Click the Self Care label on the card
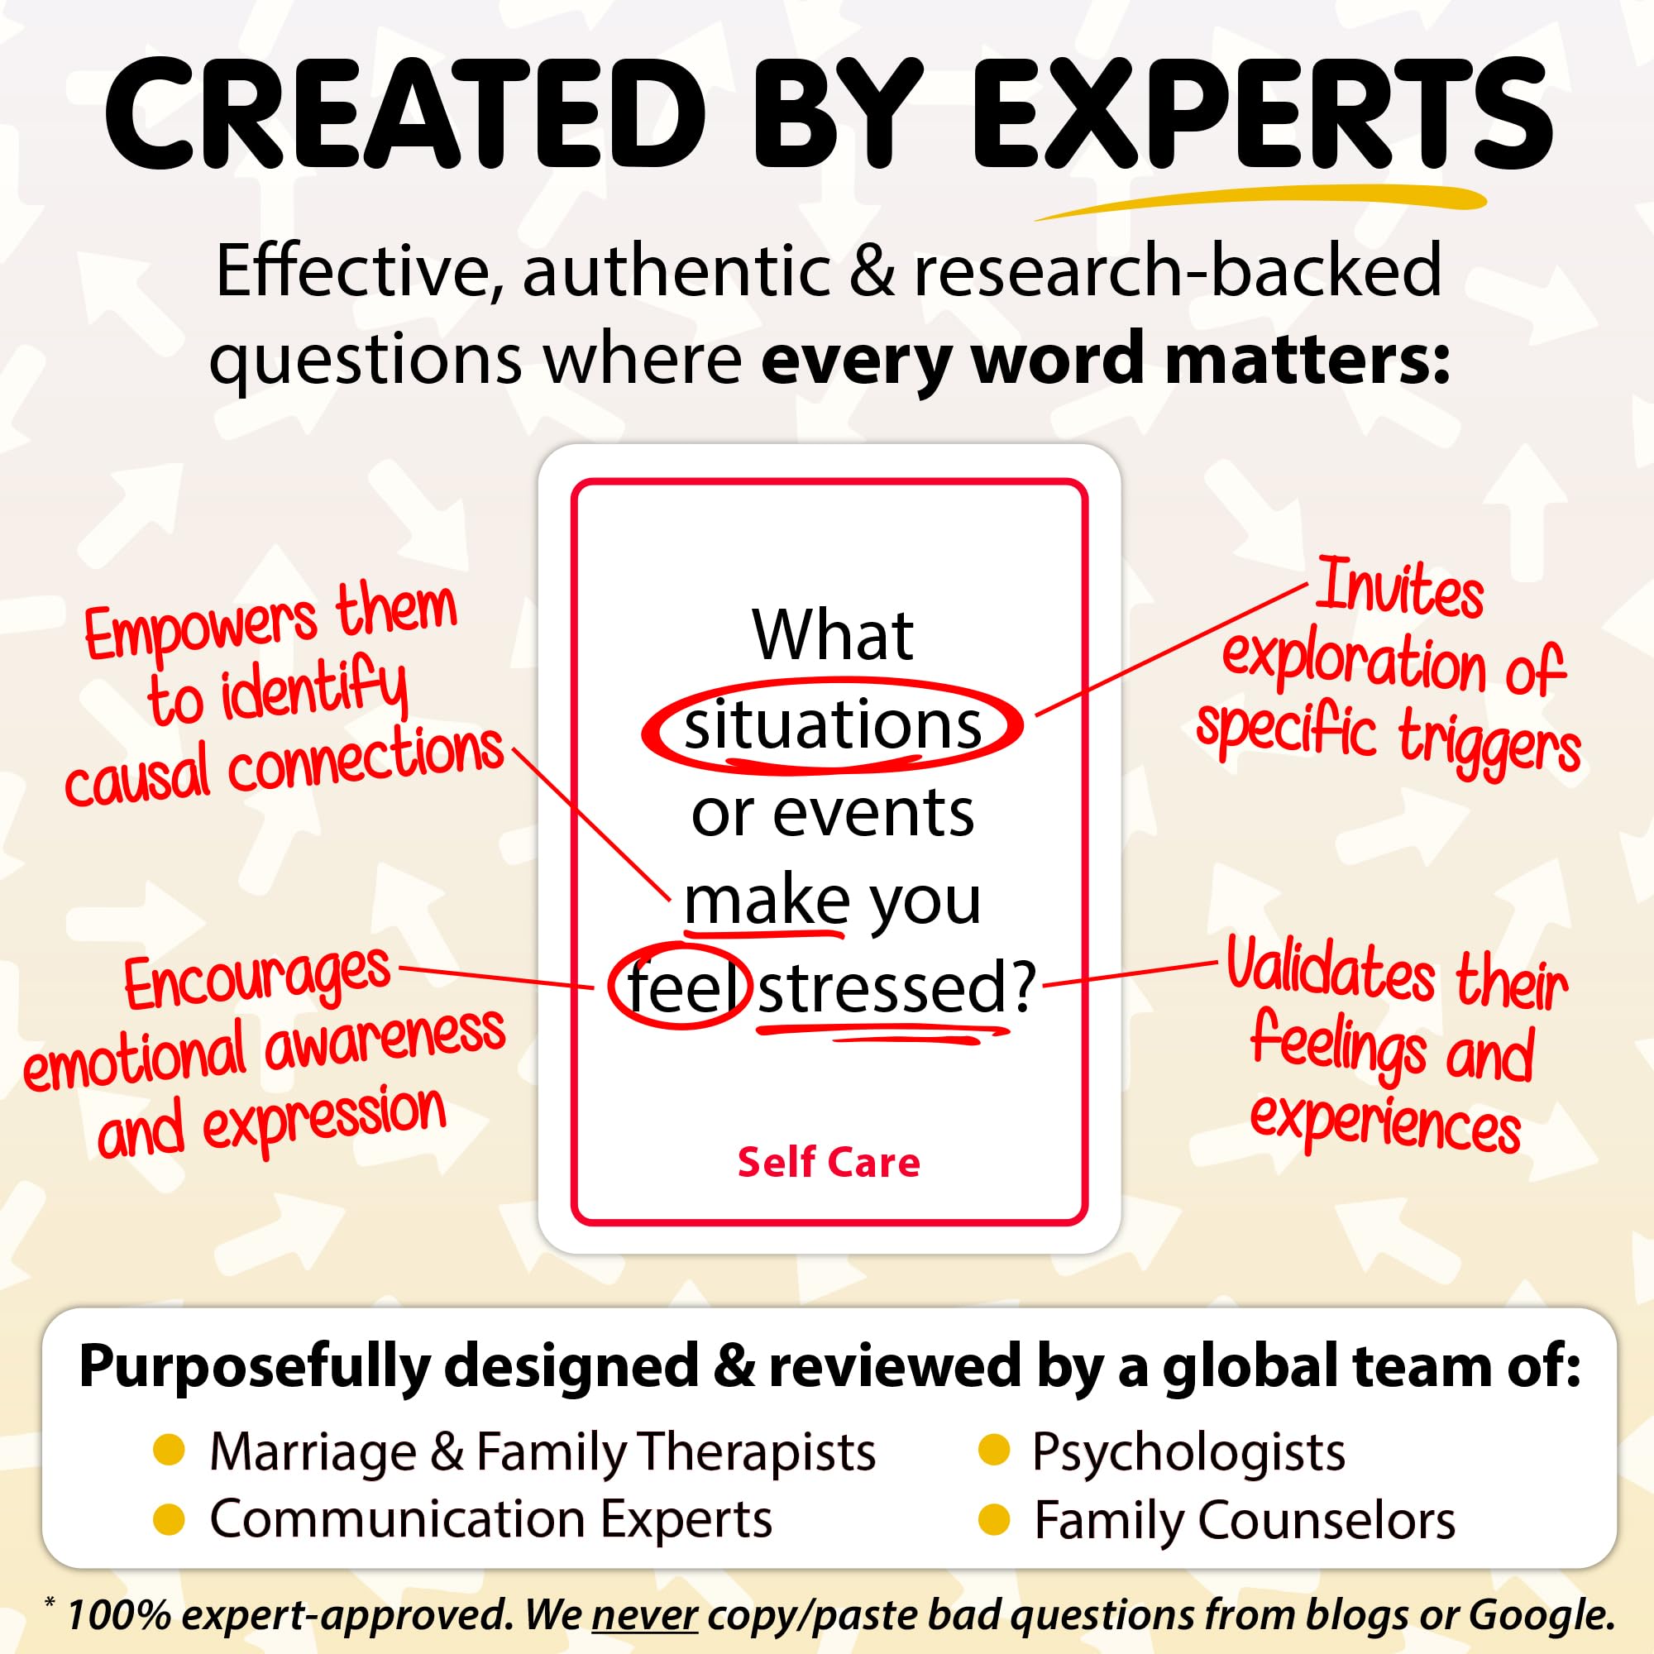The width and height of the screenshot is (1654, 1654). click(829, 1162)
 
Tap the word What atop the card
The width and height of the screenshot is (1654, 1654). click(833, 635)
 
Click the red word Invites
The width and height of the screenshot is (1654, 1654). click(1399, 586)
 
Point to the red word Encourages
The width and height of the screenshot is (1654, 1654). click(257, 978)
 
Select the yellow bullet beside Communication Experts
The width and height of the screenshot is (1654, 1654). click(169, 1519)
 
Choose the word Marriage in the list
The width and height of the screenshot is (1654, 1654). click(313, 1452)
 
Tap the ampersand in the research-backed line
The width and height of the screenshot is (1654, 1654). click(872, 271)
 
